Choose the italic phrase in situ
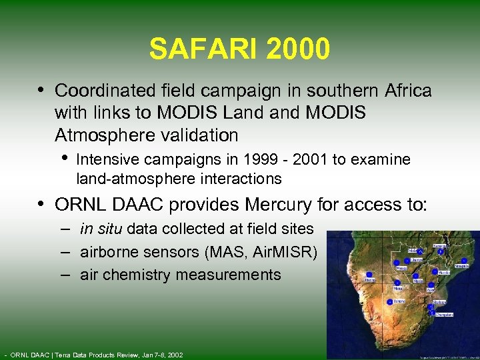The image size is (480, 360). (101, 229)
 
